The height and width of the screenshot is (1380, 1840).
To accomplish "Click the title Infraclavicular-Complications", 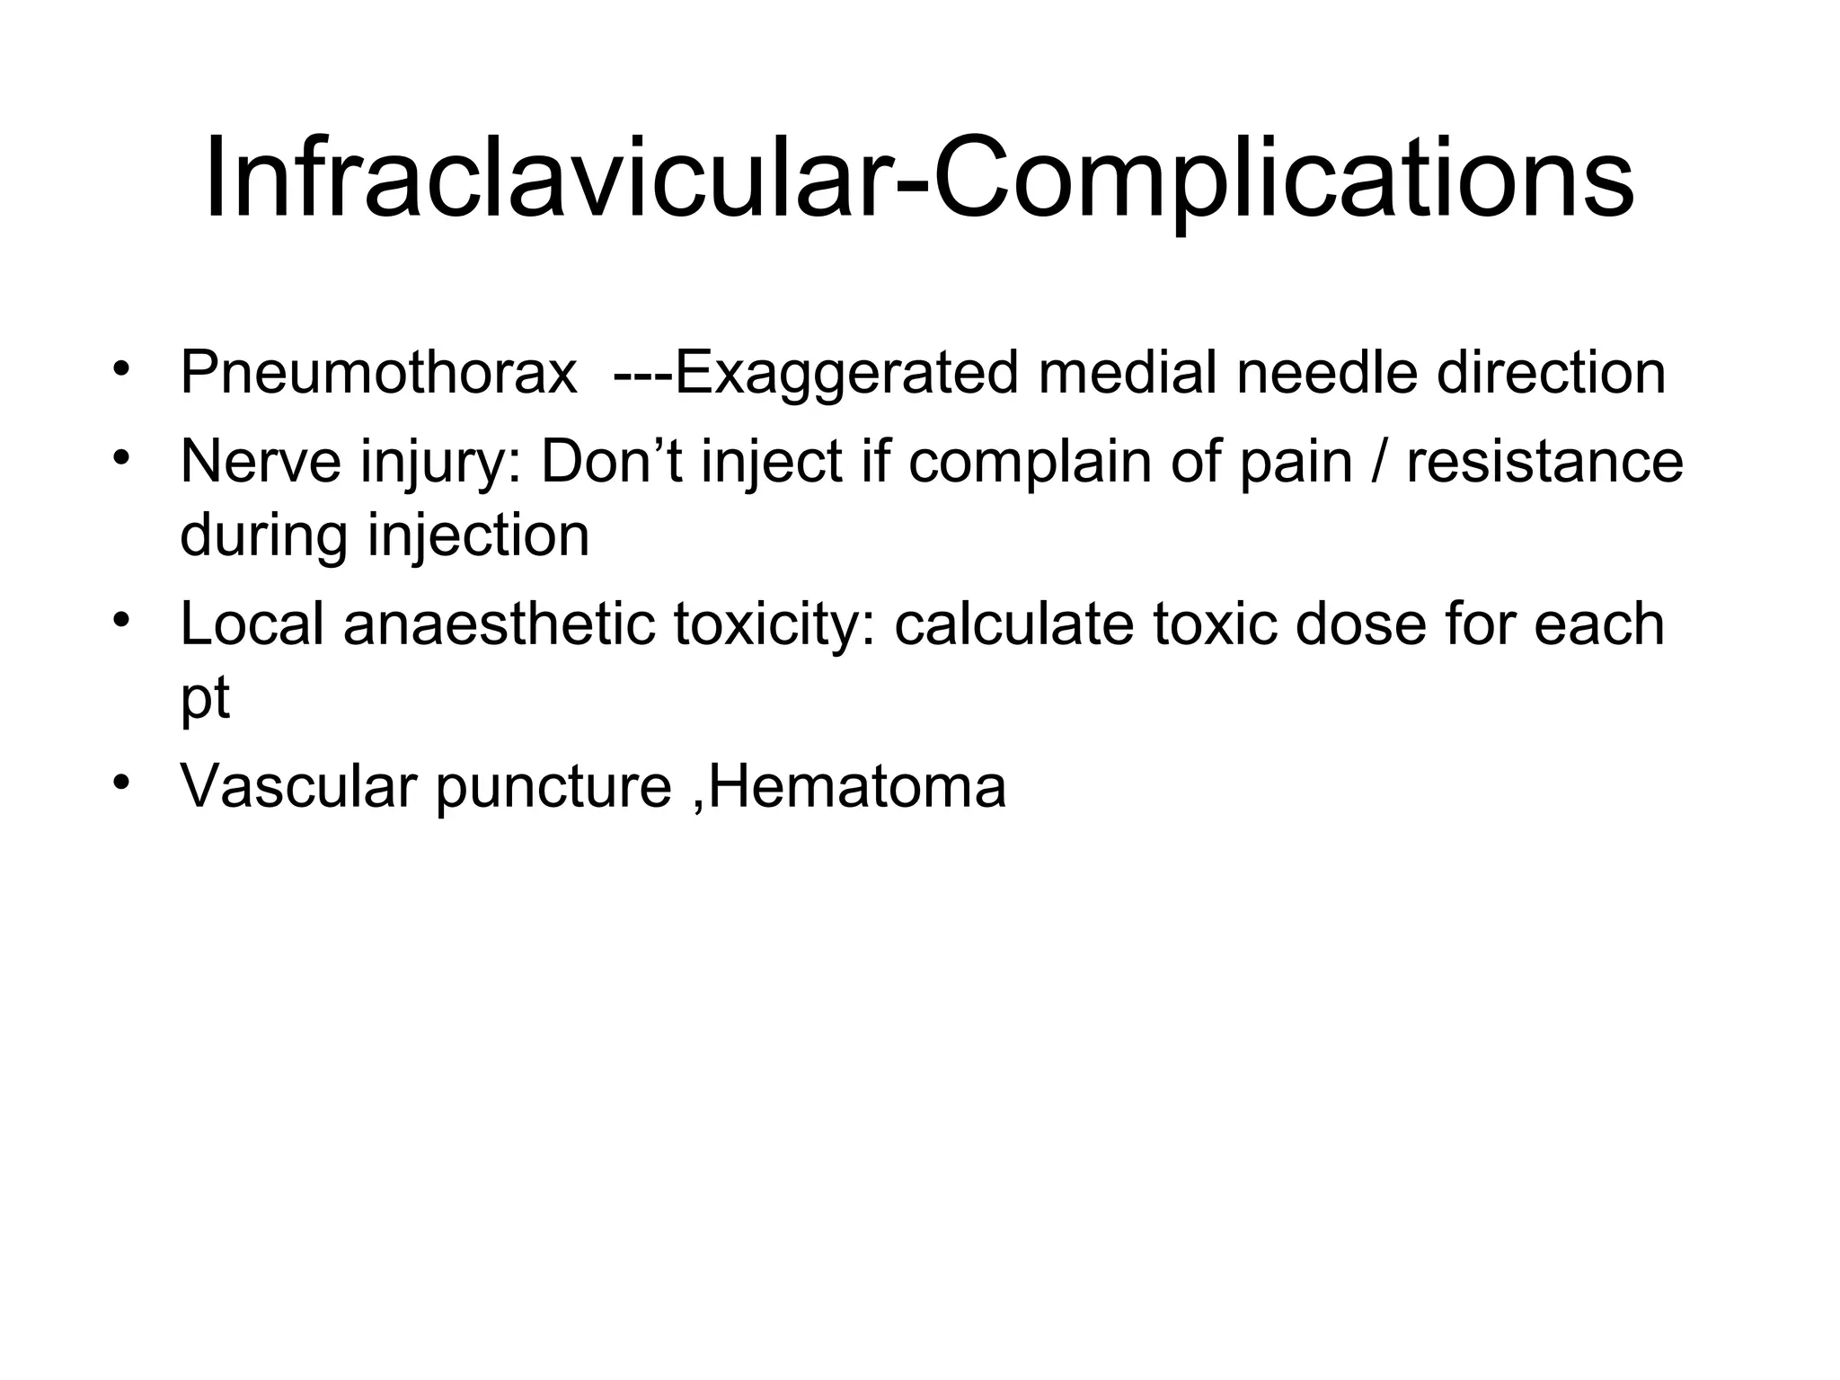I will point(919,177).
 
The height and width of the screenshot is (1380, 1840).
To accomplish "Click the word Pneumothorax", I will point(378,373).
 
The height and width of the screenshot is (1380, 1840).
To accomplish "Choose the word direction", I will point(1551,373).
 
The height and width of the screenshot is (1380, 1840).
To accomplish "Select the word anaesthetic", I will point(500,624).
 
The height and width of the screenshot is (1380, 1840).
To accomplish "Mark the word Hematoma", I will point(857,786).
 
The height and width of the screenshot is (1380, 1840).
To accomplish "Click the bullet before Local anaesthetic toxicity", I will point(121,620).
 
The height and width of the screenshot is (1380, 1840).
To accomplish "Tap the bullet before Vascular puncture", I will point(121,782).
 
